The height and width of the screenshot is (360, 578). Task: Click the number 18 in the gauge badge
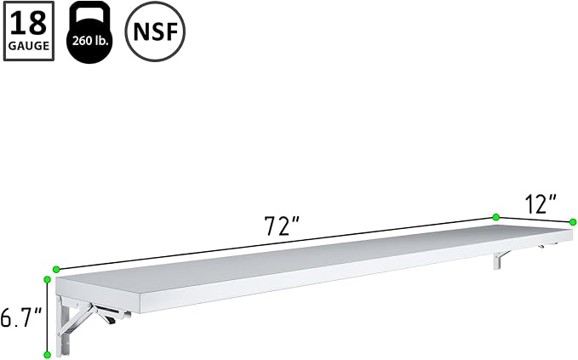coord(28,24)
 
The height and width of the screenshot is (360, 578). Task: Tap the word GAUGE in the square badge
coord(29,46)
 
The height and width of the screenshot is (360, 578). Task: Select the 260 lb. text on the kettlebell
coord(90,40)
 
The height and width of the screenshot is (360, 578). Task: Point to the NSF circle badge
coord(155,31)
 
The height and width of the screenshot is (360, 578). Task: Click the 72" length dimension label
coord(283,226)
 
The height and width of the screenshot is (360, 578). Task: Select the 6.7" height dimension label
coord(20,317)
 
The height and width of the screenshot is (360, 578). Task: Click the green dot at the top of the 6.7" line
coord(47,280)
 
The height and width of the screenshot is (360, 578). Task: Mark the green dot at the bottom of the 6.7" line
coord(47,355)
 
